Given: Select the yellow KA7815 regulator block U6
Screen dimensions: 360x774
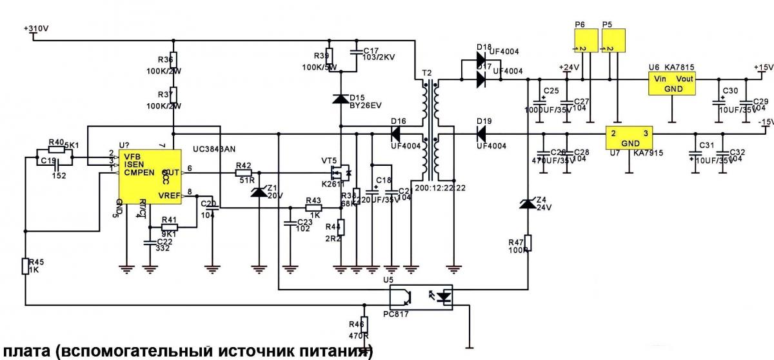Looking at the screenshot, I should pos(673,83).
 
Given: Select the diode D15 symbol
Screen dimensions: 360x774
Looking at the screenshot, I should pos(340,99).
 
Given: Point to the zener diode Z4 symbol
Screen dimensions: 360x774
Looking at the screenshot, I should pos(528,204).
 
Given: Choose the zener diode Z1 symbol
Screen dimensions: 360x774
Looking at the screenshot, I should pos(259,192).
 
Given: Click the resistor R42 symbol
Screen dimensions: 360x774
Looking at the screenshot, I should pos(243,172).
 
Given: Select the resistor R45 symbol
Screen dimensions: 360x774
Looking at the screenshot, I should pos(25,266).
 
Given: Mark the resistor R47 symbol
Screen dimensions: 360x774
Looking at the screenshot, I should pos(528,243).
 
